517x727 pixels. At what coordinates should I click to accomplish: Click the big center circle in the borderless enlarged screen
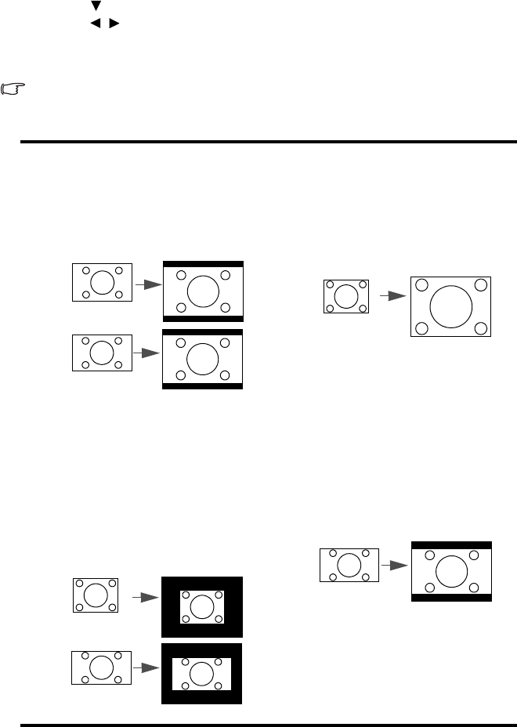pos(451,306)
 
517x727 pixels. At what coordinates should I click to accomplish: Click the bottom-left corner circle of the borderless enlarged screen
pos(421,327)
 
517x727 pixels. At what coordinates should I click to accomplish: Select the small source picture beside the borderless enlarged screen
pos(345,297)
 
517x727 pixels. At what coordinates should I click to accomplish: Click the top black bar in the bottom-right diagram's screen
pos(451,544)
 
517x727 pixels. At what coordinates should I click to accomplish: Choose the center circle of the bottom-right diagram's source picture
pos(349,565)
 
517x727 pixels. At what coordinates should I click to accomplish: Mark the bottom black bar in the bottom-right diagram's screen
pos(451,597)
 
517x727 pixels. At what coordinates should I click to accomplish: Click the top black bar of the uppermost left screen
pos(203,264)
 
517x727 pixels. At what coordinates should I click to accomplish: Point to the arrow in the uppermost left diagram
pos(148,285)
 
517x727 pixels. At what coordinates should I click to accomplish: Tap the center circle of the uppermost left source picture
pos(102,282)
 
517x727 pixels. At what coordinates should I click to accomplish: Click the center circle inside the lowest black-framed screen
pos(202,674)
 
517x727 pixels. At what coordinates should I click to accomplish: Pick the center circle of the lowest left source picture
pos(101,667)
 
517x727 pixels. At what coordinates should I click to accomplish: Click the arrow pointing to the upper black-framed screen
pos(146,598)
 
